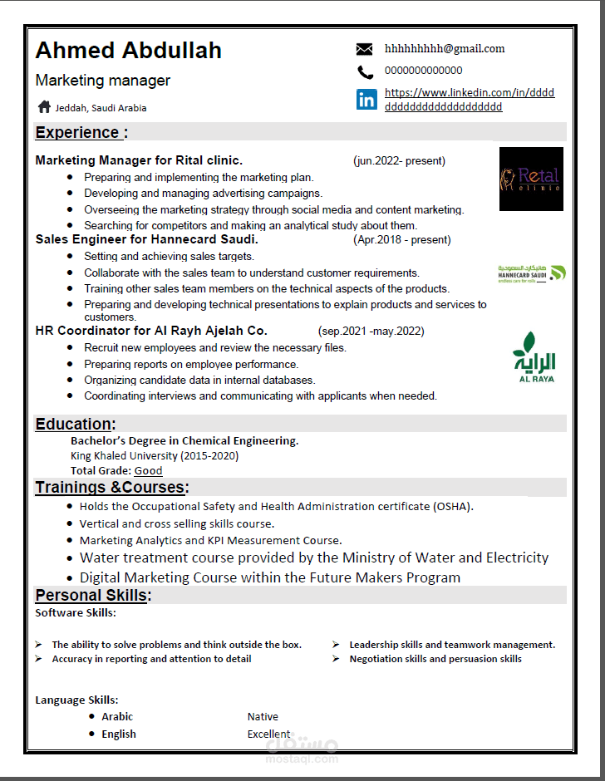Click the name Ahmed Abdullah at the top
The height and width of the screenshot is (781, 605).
coord(129,51)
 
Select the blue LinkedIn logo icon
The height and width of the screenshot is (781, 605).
coord(366,100)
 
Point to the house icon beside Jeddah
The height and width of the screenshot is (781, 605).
coord(44,106)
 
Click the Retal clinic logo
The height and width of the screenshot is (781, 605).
coord(531,179)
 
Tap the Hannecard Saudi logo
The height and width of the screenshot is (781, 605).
coord(532,273)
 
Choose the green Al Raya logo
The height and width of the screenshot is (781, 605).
coord(534,357)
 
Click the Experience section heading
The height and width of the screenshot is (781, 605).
coord(77,132)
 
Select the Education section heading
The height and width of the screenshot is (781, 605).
coord(75,424)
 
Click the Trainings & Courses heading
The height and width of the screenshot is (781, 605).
coord(111,487)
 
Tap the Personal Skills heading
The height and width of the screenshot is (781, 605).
coord(92,595)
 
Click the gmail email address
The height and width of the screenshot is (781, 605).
coord(445,48)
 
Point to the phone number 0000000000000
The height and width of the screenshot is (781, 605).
coord(424,71)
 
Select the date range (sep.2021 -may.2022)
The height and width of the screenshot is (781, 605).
coord(371,331)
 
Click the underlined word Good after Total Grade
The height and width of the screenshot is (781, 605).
coord(148,470)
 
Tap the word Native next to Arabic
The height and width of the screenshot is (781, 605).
coord(263,716)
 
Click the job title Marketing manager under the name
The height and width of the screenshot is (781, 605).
coord(103,81)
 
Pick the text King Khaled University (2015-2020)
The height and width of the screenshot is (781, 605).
coord(155,455)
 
